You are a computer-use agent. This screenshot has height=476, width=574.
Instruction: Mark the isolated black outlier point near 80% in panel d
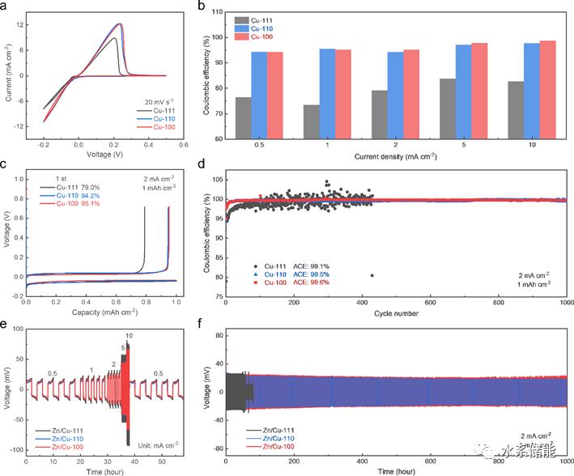point(372,275)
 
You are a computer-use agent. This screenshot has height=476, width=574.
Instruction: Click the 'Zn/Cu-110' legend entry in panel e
point(66,440)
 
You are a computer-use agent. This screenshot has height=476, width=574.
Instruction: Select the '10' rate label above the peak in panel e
point(129,336)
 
